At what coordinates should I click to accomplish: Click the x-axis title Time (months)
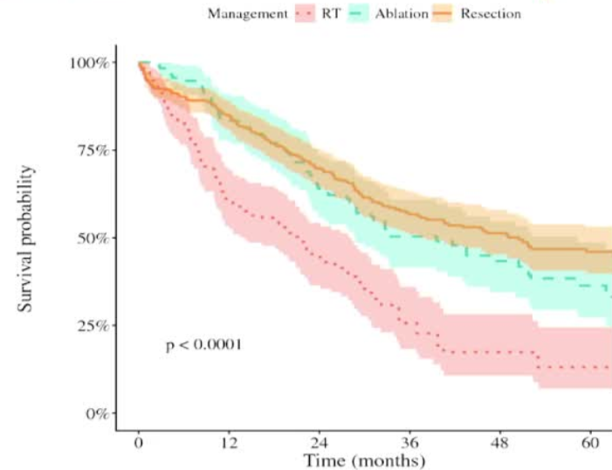click(x=364, y=460)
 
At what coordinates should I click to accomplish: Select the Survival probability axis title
click(x=28, y=238)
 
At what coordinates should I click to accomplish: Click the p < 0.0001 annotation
click(x=203, y=345)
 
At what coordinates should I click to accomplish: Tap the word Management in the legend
click(x=247, y=13)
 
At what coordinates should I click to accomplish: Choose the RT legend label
click(x=331, y=13)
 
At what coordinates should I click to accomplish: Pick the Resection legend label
click(x=490, y=13)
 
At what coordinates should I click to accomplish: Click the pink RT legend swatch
click(x=305, y=13)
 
